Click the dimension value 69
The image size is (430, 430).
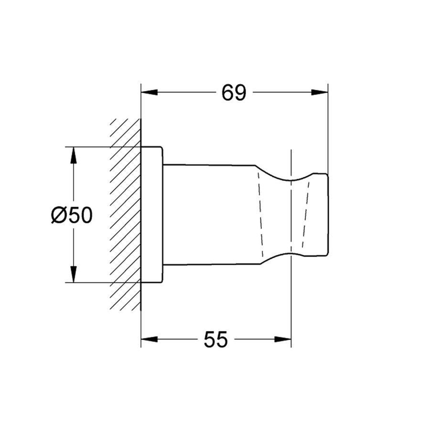[234, 93]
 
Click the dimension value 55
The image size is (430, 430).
[215, 340]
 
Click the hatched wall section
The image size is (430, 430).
[126, 215]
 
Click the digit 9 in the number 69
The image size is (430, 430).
[240, 93]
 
